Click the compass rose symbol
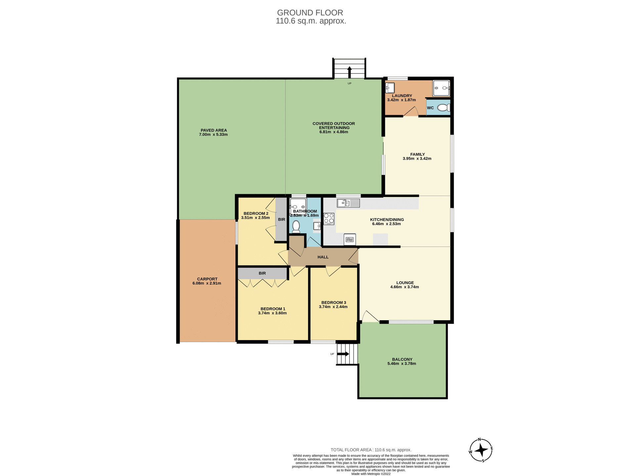click(x=481, y=450)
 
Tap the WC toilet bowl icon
click(x=444, y=108)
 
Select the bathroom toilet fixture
click(x=296, y=226)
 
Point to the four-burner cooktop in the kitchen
click(x=329, y=219)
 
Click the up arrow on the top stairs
click(x=349, y=72)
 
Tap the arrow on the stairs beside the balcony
click(x=343, y=354)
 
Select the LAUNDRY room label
click(x=402, y=96)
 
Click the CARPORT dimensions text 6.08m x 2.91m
click(x=207, y=283)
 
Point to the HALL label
click(x=323, y=257)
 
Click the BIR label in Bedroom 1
click(x=262, y=273)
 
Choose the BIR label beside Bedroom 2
click(x=281, y=219)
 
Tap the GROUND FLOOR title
click(x=310, y=13)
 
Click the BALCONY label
click(x=402, y=359)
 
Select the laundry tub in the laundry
click(x=390, y=88)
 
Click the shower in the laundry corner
click(x=441, y=88)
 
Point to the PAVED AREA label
click(x=214, y=130)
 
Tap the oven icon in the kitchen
click(x=350, y=239)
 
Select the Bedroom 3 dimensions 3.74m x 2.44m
click(x=333, y=307)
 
